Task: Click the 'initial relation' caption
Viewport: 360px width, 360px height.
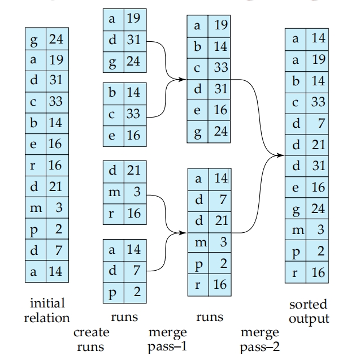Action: point(46,310)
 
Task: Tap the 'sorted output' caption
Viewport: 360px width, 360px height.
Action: point(307,311)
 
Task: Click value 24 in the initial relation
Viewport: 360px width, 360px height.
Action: point(56,40)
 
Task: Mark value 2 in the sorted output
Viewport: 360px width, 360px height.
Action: point(318,251)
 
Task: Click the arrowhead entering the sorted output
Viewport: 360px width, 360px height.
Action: point(283,154)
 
